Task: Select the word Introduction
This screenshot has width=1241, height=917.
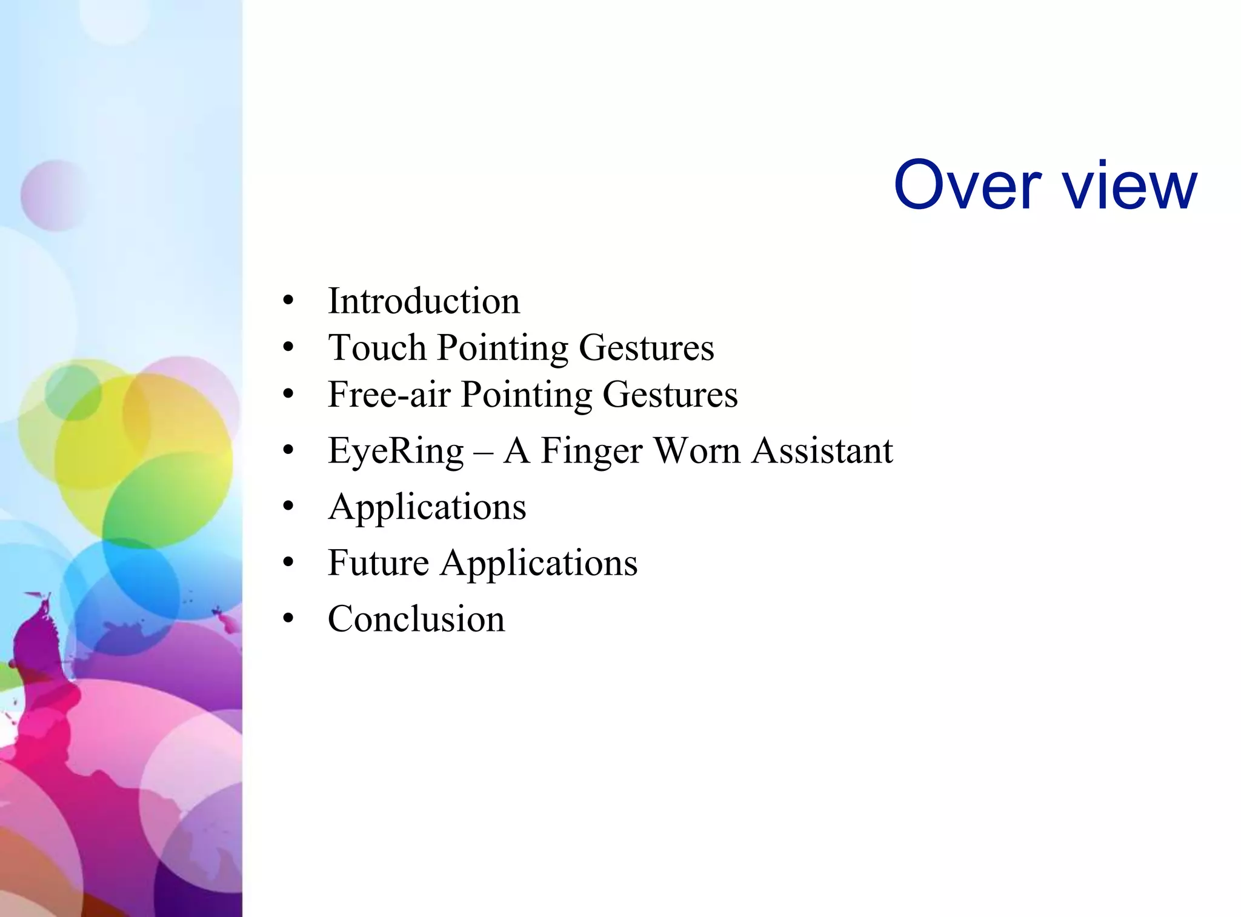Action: click(x=424, y=301)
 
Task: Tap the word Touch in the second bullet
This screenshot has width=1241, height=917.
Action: click(x=377, y=347)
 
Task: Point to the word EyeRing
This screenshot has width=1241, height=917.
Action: click(x=396, y=451)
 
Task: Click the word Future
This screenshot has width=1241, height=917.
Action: click(x=378, y=562)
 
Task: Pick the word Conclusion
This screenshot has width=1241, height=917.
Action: click(x=416, y=619)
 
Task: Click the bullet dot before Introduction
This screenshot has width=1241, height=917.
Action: click(x=288, y=301)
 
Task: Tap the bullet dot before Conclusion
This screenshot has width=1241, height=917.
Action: click(x=288, y=619)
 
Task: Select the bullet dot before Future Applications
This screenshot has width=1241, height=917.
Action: click(x=288, y=562)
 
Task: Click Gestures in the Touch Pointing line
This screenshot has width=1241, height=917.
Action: click(x=647, y=347)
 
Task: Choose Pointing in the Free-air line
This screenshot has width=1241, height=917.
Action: click(x=526, y=394)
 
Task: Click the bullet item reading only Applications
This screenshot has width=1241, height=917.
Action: click(x=427, y=507)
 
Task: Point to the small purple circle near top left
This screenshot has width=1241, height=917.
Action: click(x=55, y=195)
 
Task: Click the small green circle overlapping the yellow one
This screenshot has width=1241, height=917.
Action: click(x=73, y=393)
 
